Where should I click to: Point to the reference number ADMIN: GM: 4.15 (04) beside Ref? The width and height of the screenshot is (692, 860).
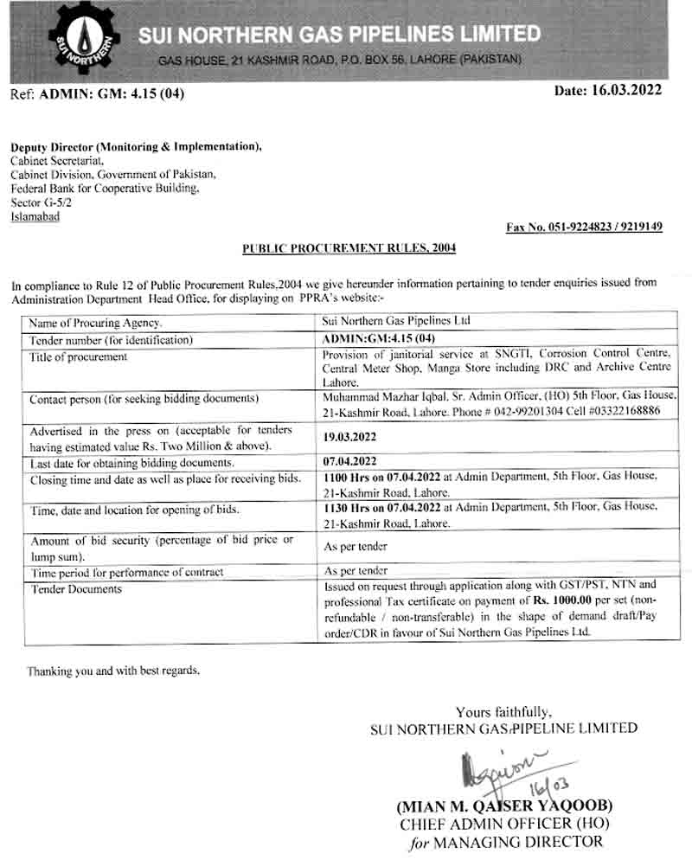coord(112,93)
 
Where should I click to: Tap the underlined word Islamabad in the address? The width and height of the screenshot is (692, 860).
coord(35,216)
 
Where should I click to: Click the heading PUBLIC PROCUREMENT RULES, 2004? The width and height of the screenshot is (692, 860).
coord(349,248)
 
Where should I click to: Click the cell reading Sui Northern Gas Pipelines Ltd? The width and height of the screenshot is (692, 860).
coord(396,321)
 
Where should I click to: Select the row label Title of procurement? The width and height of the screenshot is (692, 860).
coord(78,356)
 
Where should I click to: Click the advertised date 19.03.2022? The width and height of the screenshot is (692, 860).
coord(349,439)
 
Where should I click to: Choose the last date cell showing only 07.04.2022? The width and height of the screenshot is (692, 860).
coord(349,463)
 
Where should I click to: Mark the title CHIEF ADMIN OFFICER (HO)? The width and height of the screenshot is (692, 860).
coord(503,825)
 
